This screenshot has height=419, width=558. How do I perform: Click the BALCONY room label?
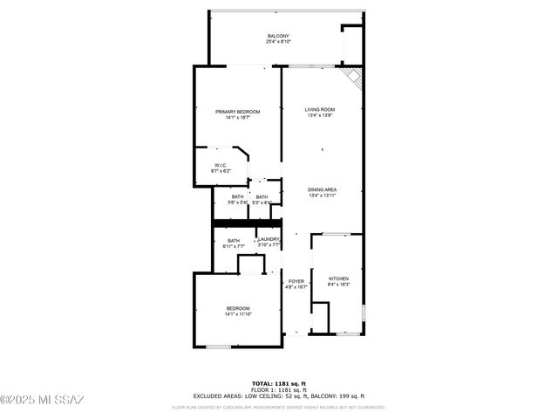click(x=278, y=35)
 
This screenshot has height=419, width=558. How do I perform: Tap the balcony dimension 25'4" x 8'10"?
click(x=278, y=41)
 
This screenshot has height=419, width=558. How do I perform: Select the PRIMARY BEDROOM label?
click(x=237, y=111)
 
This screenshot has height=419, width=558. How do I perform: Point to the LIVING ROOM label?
click(x=320, y=109)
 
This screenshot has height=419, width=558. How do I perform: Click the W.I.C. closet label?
click(x=221, y=165)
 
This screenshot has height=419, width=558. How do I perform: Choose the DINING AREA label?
click(x=322, y=189)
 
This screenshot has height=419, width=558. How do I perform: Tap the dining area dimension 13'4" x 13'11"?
click(x=322, y=196)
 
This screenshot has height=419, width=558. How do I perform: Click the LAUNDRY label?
click(x=269, y=239)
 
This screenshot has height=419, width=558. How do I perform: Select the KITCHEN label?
click(x=338, y=278)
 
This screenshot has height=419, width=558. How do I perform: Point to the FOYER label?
click(x=296, y=281)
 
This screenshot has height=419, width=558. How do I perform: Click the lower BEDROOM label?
click(x=238, y=308)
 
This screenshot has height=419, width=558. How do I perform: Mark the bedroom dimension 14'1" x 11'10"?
click(x=238, y=314)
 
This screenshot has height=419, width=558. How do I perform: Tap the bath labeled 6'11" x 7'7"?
click(x=234, y=244)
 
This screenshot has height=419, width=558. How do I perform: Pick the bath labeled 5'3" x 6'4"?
click(x=262, y=200)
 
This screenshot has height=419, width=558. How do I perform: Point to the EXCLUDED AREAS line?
click(x=278, y=396)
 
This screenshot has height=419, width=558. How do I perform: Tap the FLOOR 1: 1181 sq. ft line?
click(x=278, y=390)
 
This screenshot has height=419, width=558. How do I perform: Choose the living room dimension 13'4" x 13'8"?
click(x=320, y=115)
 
